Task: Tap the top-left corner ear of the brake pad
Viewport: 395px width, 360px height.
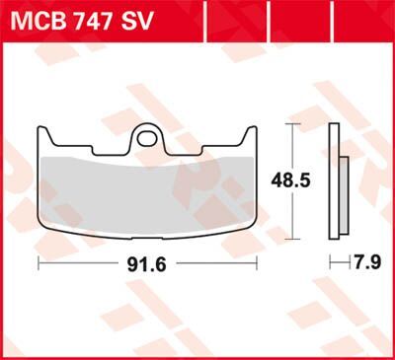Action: [45, 130]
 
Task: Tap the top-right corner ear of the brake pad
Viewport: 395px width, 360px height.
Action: [251, 130]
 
